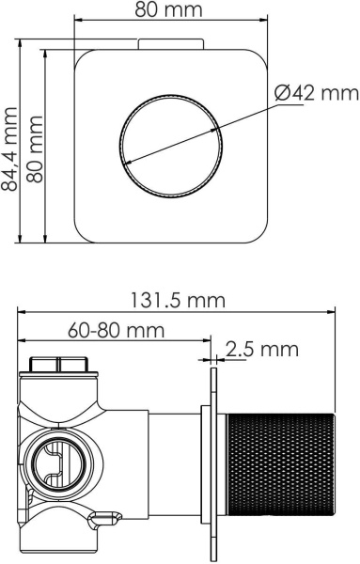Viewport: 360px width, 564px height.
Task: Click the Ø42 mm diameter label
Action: click(x=317, y=93)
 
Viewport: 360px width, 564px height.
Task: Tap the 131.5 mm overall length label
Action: click(x=178, y=301)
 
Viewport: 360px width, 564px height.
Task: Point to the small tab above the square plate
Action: click(x=169, y=42)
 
